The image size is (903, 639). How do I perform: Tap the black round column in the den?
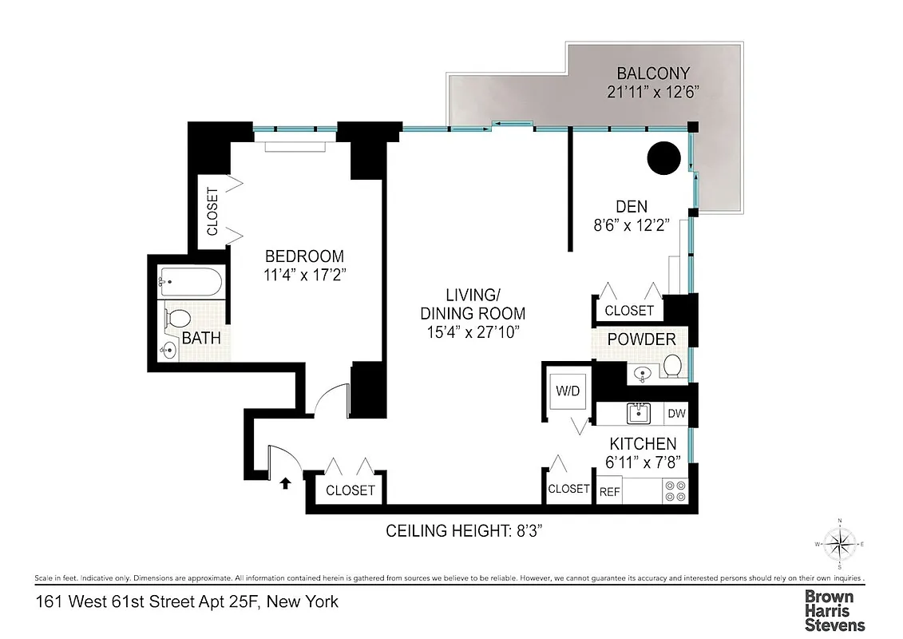663,158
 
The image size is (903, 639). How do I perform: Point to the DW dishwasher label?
676,414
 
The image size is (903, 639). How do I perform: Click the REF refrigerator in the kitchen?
609,492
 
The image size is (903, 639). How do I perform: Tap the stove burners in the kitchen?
675,490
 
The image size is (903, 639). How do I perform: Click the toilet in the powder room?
673,367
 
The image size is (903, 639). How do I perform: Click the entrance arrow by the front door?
285,482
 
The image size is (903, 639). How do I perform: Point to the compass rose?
838,545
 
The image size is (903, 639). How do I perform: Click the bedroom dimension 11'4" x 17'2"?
304,274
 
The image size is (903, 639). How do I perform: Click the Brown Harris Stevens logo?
834,610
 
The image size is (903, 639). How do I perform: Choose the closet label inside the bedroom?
212,212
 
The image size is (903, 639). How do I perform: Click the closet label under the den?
629,310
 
